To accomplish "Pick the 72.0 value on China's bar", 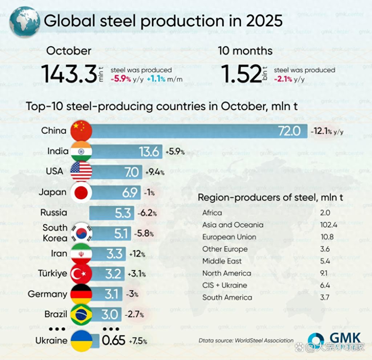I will (289, 131).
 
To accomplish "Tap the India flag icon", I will (81, 151).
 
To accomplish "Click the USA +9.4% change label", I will (154, 172).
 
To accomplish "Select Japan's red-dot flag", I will (81, 193).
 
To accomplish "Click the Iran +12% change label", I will (137, 254).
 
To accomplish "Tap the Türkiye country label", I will (53, 273).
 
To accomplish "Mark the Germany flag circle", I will (81, 294).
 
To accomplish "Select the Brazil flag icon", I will (81, 315).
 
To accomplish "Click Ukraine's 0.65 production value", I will (113, 341).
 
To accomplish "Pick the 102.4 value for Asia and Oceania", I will (329, 225).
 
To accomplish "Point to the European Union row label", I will (229, 237).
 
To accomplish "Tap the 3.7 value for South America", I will (325, 298).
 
